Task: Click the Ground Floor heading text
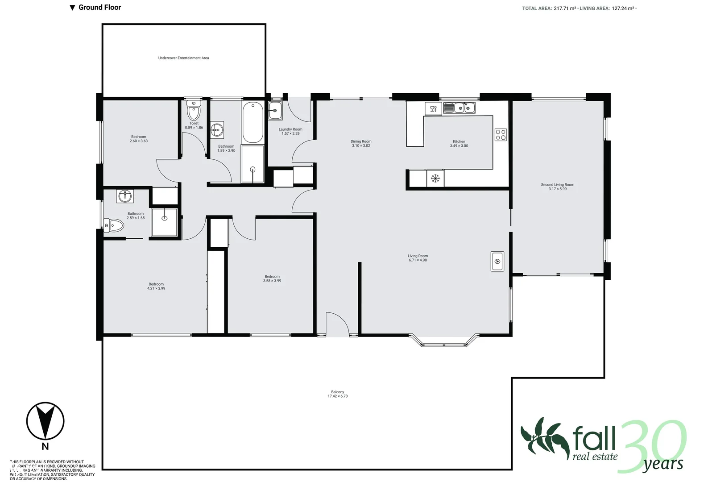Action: [99, 7]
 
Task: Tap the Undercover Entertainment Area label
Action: [183, 58]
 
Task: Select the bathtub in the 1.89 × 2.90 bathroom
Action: [253, 122]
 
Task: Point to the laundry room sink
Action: [275, 110]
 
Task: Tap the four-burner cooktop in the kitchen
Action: [501, 135]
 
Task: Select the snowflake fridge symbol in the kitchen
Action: [435, 179]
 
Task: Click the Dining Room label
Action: [361, 141]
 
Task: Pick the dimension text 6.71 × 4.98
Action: [418, 260]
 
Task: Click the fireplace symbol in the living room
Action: [497, 262]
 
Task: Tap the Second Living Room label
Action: [557, 184]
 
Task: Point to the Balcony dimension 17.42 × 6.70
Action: [337, 396]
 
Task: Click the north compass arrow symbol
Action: [45, 421]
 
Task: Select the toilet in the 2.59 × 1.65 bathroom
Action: [114, 225]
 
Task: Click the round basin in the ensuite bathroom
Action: [125, 196]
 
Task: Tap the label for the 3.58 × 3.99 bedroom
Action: [272, 277]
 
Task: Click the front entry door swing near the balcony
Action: [337, 324]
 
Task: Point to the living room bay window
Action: [444, 341]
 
